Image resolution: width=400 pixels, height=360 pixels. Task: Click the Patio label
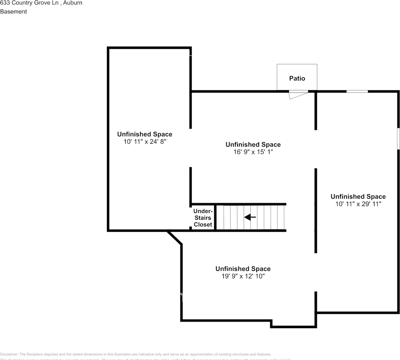(297, 78)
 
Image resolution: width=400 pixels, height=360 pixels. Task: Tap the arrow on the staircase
(250, 217)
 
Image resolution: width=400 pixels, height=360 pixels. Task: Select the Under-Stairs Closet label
(203, 218)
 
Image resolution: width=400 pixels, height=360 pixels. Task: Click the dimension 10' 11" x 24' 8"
(145, 142)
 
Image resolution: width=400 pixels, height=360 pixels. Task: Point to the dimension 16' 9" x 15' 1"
(253, 152)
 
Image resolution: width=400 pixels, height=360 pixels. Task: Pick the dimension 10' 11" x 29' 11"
(358, 204)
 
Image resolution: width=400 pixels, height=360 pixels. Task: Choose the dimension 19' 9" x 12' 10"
(243, 276)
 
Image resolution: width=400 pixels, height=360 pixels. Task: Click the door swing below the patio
(298, 95)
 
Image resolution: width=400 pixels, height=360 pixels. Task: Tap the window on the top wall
(357, 91)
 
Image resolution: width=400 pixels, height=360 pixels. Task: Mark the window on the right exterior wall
(398, 139)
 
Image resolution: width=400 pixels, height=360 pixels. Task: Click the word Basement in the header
(13, 12)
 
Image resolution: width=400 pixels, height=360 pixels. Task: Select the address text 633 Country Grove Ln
(28, 3)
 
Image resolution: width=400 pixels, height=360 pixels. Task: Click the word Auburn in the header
(73, 3)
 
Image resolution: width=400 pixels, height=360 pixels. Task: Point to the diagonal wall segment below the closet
(175, 238)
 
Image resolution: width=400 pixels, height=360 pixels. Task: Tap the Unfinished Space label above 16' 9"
(253, 144)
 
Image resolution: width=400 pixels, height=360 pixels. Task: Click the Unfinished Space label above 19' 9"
(243, 268)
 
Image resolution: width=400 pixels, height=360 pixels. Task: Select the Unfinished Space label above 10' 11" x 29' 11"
(358, 196)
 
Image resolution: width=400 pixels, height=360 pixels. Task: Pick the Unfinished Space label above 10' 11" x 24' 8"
(145, 134)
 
